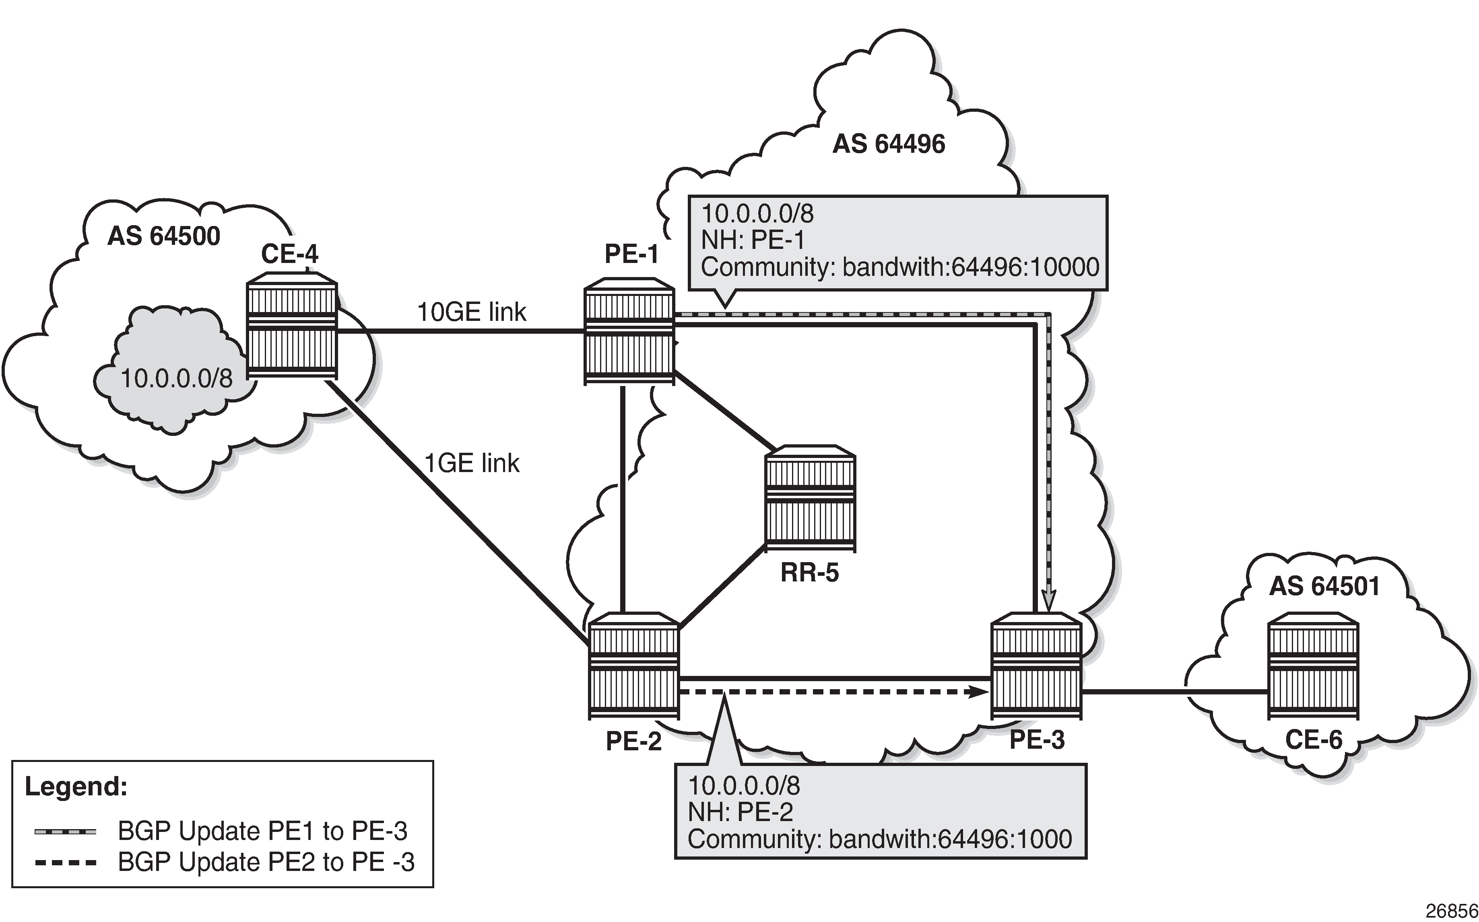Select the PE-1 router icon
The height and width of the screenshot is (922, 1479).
click(629, 333)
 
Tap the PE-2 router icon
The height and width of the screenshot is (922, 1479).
click(634, 666)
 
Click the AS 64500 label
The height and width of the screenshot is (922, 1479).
click(163, 236)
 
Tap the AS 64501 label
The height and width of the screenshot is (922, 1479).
click(1324, 586)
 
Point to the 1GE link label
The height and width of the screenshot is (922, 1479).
click(472, 464)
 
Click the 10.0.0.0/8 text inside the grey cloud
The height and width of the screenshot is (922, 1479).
click(176, 379)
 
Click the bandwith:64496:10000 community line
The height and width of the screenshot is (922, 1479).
click(900, 267)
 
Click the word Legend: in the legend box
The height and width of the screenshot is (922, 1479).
click(76, 786)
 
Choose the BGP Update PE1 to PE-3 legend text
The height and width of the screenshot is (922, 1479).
click(262, 831)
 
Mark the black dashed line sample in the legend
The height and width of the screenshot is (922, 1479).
click(65, 862)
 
